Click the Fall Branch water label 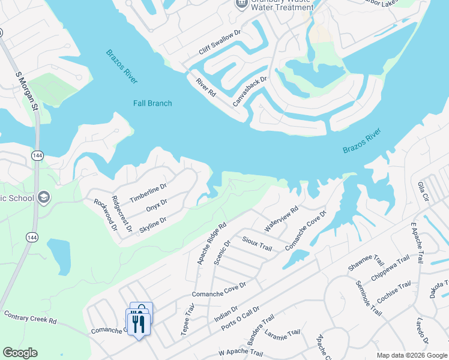tap(152, 103)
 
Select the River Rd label tap(205, 88)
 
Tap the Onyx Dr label tap(156, 206)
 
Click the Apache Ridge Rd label tap(211, 244)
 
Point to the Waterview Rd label tap(281, 220)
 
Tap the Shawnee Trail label tap(366, 262)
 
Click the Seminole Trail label tap(368, 298)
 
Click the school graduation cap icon tap(43, 197)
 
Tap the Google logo tap(20, 353)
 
